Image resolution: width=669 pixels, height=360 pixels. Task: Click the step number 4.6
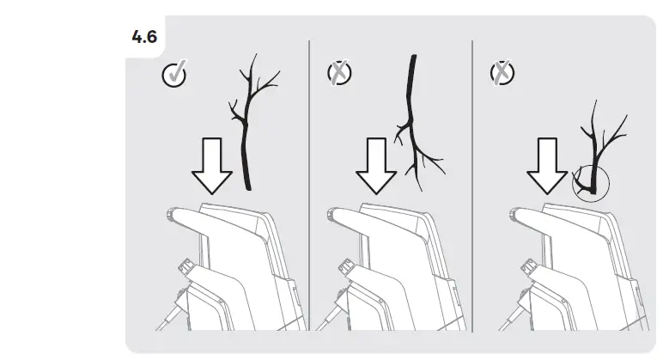click(144, 37)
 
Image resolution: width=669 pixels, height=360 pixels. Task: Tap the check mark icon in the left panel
click(174, 74)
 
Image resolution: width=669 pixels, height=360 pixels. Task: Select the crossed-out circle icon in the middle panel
click(339, 72)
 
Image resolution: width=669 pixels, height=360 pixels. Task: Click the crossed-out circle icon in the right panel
click(502, 72)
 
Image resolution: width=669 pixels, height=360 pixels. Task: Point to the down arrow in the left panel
click(212, 166)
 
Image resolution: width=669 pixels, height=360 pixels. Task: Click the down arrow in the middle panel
click(376, 166)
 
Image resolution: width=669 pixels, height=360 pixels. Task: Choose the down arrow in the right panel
click(547, 166)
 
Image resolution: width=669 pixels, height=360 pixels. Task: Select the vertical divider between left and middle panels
click(309, 186)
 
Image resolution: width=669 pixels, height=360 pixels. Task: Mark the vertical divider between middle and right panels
click(472, 186)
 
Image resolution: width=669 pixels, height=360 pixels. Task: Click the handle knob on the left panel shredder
click(171, 214)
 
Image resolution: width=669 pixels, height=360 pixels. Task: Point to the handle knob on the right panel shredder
click(515, 214)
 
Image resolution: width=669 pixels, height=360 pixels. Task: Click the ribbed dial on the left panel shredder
click(186, 267)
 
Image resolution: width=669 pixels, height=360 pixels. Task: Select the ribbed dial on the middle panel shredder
click(346, 267)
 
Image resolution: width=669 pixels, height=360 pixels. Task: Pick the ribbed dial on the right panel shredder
click(529, 267)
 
